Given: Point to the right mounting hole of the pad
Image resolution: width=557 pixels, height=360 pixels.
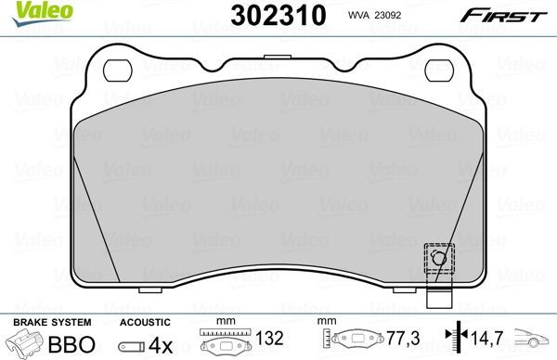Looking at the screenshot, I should coord(438,70).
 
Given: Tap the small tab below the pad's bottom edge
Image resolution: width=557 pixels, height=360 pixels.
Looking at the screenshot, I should coord(437,301).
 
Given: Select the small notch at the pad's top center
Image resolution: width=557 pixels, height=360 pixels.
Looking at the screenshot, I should coord(273,58).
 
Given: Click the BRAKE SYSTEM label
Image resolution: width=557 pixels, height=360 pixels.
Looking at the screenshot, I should coord(41,321).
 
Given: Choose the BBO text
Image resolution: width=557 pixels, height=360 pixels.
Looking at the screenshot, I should coord(72,343).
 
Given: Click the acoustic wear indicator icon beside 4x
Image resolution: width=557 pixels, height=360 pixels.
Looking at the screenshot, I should coord(134,344).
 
